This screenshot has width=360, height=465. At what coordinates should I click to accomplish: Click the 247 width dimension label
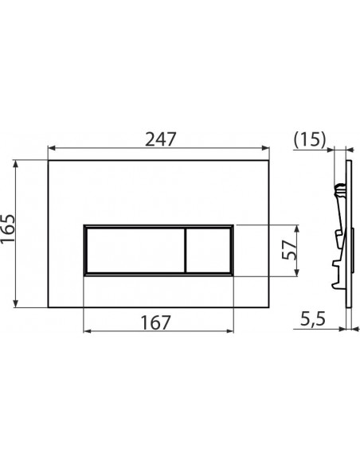[160, 139]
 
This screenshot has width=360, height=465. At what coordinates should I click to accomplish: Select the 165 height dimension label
[8, 228]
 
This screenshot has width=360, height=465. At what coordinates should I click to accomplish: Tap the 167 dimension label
[155, 322]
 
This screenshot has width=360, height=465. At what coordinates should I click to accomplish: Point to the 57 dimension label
[289, 250]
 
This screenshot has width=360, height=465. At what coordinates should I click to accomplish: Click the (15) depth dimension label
[310, 139]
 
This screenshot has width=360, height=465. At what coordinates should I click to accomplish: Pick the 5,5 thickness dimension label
[313, 319]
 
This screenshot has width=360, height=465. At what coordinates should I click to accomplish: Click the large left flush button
[135, 250]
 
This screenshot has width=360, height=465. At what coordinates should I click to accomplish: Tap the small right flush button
[208, 250]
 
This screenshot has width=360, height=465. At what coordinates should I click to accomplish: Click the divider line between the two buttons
[185, 250]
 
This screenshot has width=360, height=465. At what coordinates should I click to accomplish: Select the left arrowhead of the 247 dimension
[52, 147]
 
